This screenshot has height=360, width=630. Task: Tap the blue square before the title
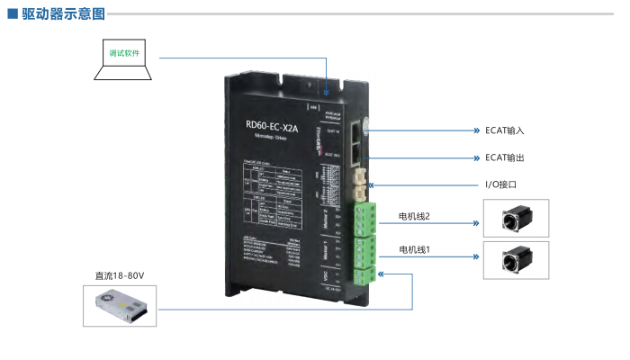12,14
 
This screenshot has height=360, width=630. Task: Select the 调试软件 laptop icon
124,59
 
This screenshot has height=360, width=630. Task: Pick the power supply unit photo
120,306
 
